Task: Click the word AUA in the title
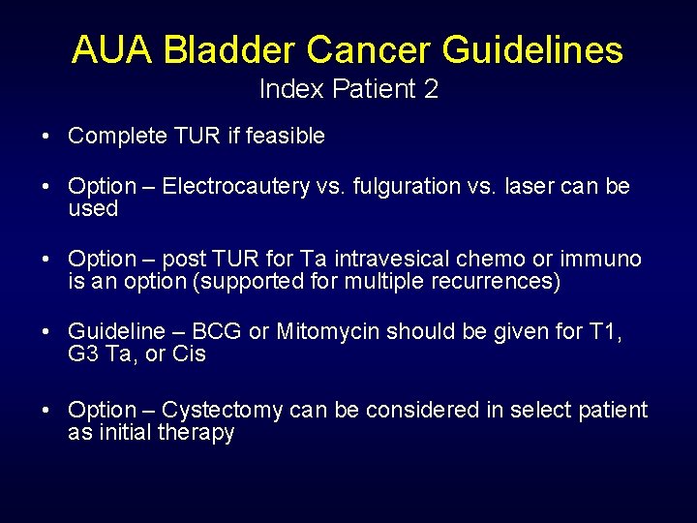coord(111,49)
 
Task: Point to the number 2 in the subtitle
coord(431,90)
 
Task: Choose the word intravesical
coord(408,260)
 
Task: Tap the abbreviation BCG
coord(217,332)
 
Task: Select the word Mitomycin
coord(327,332)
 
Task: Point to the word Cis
coord(189,354)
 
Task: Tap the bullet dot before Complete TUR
coord(46,137)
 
